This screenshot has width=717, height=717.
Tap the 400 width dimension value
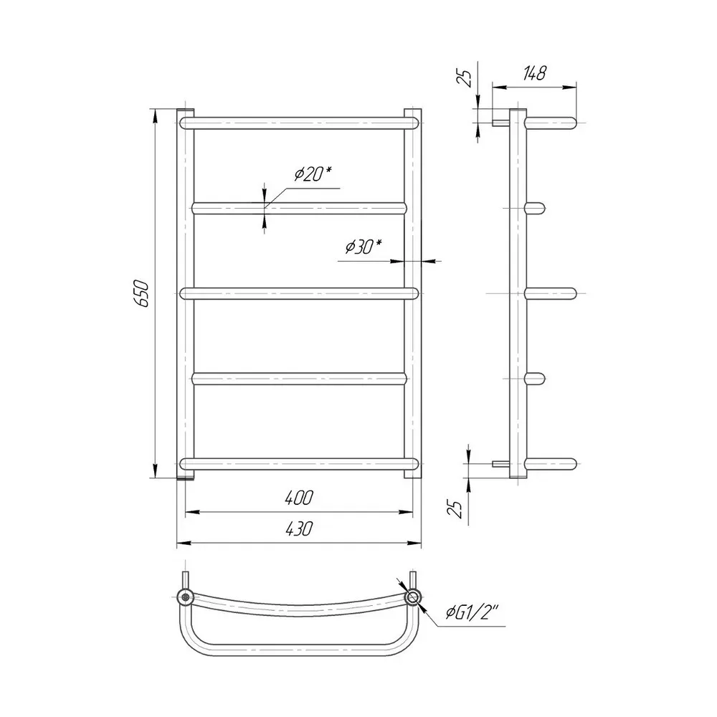point(299,498)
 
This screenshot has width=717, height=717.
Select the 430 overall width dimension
point(299,529)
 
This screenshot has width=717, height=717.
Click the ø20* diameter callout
point(313,174)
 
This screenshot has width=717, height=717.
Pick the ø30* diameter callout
point(364,247)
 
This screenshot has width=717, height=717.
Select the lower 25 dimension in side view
point(456,508)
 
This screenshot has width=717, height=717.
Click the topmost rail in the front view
point(299,123)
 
